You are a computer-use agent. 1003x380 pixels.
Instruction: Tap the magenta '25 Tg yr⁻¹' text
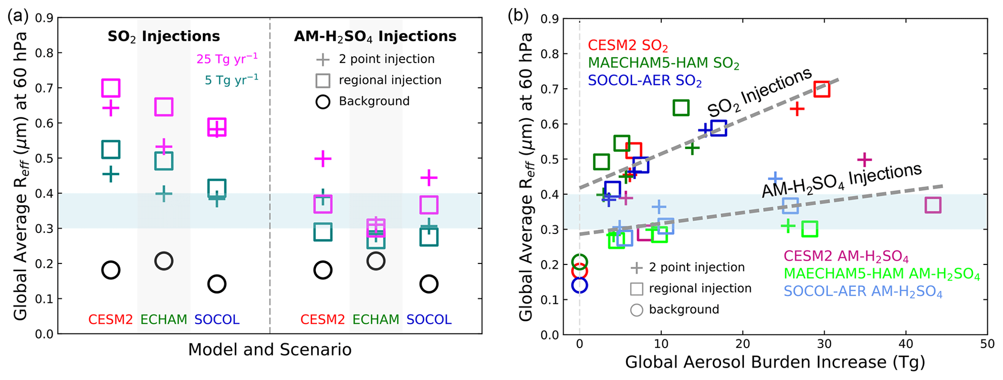click(x=227, y=59)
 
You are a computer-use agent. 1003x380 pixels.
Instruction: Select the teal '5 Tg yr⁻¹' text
click(x=231, y=80)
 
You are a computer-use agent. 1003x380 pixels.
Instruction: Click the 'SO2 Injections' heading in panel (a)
click(x=164, y=36)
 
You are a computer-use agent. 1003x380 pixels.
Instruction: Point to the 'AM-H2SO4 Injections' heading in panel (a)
click(x=375, y=36)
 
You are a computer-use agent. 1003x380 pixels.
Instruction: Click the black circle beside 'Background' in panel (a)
click(x=323, y=101)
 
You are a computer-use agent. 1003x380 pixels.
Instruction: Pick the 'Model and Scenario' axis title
click(x=270, y=350)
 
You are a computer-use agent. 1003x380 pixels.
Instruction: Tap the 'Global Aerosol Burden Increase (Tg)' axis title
click(x=775, y=362)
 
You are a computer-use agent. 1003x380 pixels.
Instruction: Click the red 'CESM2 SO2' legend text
click(x=628, y=46)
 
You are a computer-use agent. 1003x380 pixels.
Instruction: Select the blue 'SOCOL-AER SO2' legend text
click(x=645, y=81)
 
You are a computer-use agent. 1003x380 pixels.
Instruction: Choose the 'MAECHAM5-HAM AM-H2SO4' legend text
click(x=882, y=275)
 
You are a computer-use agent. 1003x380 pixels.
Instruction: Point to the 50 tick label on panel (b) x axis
click(x=987, y=344)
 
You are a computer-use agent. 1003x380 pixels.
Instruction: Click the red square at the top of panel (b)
click(x=822, y=89)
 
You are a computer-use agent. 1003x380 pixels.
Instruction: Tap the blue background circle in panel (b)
click(x=580, y=285)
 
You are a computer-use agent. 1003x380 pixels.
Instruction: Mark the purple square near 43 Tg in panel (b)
click(x=933, y=205)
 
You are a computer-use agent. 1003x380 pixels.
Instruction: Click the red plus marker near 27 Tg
click(x=797, y=109)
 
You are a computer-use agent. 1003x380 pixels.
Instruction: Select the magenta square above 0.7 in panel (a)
click(x=111, y=88)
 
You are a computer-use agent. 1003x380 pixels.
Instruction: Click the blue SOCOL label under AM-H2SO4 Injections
click(x=429, y=320)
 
